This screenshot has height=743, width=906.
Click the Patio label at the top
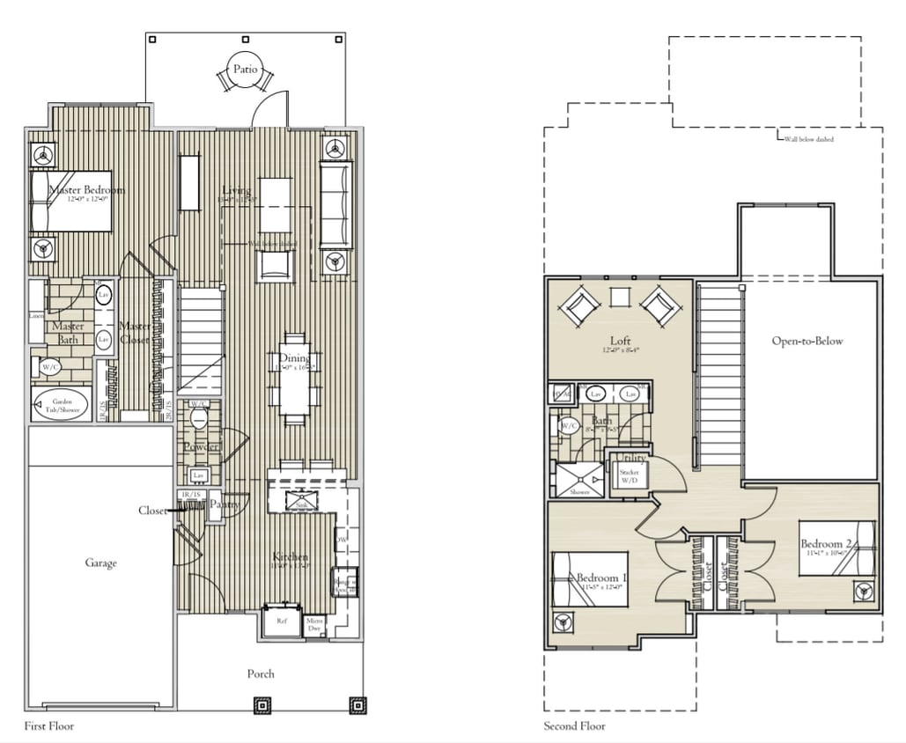pos(245,69)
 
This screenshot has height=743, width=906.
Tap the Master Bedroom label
pos(85,190)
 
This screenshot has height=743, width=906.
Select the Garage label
pos(100,563)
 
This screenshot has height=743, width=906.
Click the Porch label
pos(260,673)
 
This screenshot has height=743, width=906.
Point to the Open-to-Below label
pos(807,342)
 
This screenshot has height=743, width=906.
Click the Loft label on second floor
pos(621,341)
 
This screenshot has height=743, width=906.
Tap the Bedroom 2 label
pos(825,544)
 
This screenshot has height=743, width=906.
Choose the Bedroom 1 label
pos(600,577)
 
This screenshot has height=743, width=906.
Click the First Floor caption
pos(49,726)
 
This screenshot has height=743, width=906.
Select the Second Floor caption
pos(574,726)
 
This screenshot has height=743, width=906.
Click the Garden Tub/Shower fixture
pos(62,406)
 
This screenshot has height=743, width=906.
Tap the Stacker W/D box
pos(629,476)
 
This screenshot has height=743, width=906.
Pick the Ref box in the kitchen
pos(282,621)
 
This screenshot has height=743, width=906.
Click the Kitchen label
pos(290,557)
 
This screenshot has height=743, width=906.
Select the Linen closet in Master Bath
pos(36,315)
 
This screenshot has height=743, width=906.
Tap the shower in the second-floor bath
pos(578,481)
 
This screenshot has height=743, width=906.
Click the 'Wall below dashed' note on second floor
pos(807,139)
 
